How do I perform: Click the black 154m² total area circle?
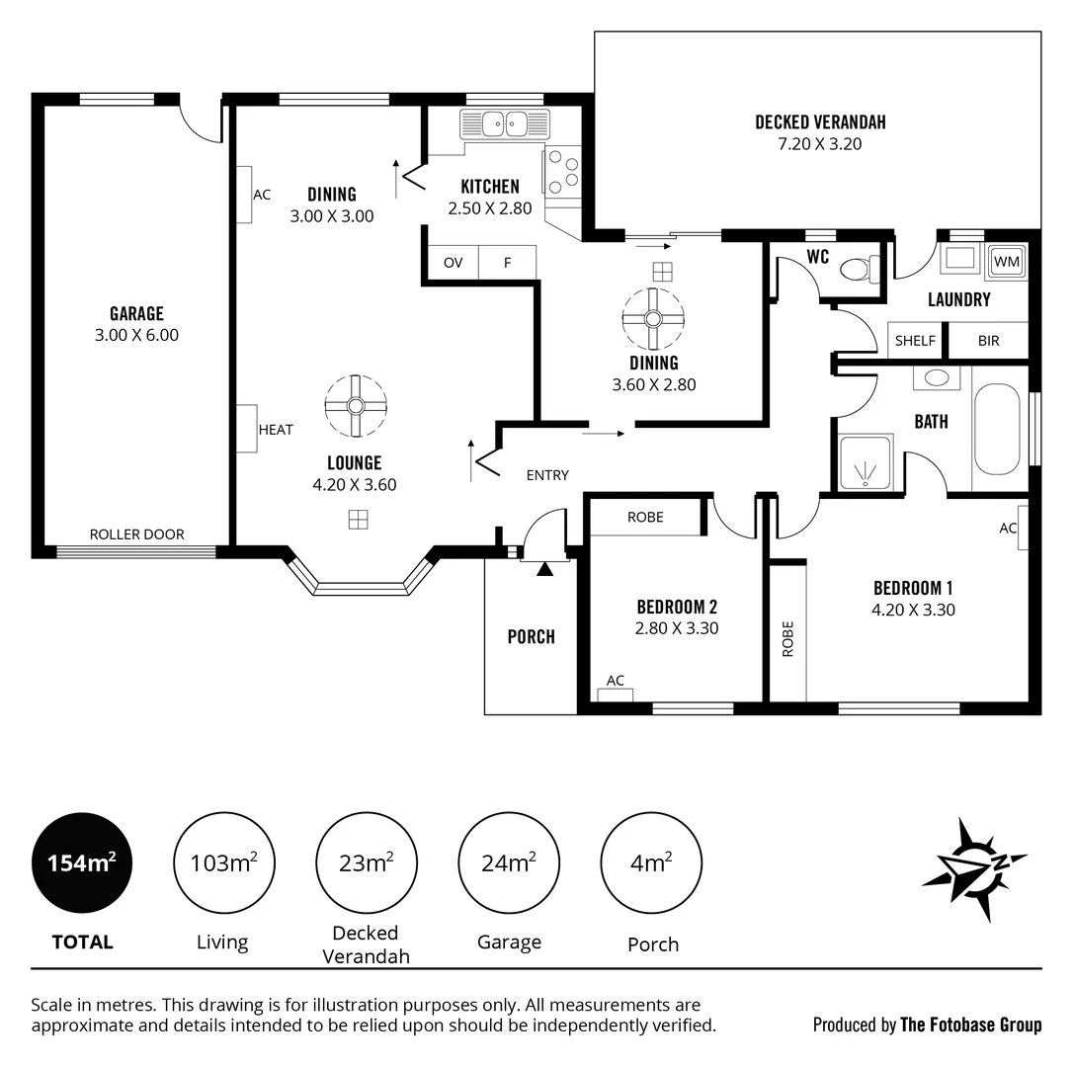pyautogui.click(x=82, y=863)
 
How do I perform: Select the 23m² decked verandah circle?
pyautogui.click(x=366, y=863)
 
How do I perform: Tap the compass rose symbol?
pyautogui.click(x=972, y=867)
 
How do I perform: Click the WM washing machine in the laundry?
pyautogui.click(x=1006, y=262)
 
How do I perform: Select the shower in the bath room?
pyautogui.click(x=866, y=462)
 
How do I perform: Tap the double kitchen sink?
pyautogui.click(x=505, y=124)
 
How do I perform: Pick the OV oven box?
pyautogui.click(x=453, y=263)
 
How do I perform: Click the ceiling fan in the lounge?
pyautogui.click(x=356, y=405)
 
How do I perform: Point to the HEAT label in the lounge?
pyautogui.click(x=276, y=430)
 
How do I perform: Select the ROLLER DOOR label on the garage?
pyautogui.click(x=136, y=534)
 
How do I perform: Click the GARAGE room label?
pyautogui.click(x=136, y=314)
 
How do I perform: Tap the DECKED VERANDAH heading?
pyautogui.click(x=820, y=123)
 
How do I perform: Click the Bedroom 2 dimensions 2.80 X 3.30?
pyautogui.click(x=677, y=627)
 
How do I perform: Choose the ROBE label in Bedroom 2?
pyautogui.click(x=645, y=518)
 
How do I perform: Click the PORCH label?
pyautogui.click(x=532, y=637)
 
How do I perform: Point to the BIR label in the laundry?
pyautogui.click(x=988, y=341)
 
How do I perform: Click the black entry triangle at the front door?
pyautogui.click(x=544, y=568)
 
